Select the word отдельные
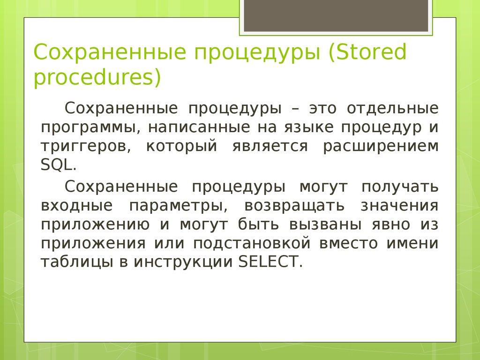click(x=393, y=108)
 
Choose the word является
click(x=269, y=146)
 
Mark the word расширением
click(x=381, y=146)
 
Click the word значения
click(x=400, y=205)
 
